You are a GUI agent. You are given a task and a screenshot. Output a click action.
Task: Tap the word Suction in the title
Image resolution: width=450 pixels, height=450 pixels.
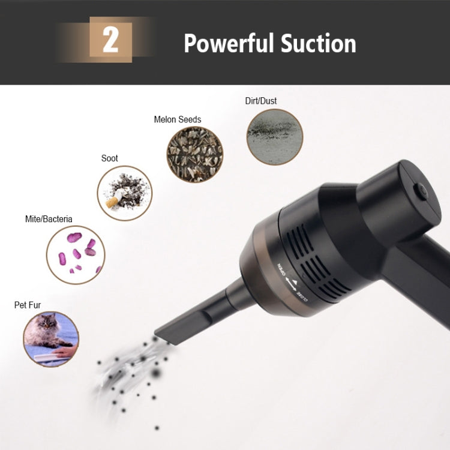pyautogui.click(x=319, y=43)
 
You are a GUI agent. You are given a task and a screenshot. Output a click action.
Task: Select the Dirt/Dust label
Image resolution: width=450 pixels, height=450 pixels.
pyautogui.click(x=261, y=101)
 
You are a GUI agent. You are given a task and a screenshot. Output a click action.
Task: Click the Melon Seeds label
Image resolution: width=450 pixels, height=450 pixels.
pyautogui.click(x=178, y=119)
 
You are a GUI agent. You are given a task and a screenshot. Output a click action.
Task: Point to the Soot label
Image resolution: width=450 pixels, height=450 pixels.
pyautogui.click(x=110, y=158)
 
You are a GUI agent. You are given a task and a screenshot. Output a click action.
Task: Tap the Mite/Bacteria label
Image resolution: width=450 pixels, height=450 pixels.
pyautogui.click(x=49, y=219)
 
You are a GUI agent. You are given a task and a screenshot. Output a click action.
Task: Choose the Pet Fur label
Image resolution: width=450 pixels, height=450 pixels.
pyautogui.click(x=28, y=305)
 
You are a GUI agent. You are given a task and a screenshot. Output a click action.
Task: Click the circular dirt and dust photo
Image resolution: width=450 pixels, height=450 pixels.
pyautogui.click(x=274, y=137)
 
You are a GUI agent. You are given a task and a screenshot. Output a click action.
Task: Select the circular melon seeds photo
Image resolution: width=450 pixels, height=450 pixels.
pyautogui.click(x=194, y=155)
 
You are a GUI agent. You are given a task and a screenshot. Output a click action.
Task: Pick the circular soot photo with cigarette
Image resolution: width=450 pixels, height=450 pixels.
pyautogui.click(x=125, y=193)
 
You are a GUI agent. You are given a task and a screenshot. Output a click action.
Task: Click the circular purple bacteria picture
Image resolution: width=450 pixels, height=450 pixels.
pyautogui.click(x=76, y=254)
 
